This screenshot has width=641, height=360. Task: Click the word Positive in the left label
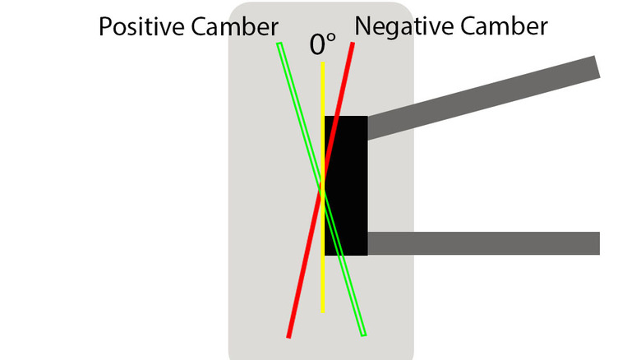(142, 27)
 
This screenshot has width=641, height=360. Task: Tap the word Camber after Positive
(235, 27)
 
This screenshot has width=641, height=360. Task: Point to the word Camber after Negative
(504, 26)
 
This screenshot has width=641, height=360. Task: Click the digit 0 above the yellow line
(317, 44)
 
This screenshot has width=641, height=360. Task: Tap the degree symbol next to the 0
(331, 39)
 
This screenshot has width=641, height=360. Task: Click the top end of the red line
(353, 43)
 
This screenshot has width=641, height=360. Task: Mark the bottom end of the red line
(288, 337)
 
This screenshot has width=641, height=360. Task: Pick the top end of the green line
(279, 44)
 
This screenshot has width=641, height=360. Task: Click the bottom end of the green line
(364, 335)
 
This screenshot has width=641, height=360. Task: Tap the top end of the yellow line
(322, 62)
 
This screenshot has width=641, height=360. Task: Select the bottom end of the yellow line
(322, 312)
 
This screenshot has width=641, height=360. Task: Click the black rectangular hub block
(346, 186)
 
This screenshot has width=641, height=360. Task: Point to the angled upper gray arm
(483, 98)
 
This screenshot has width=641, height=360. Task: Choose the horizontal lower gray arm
(483, 243)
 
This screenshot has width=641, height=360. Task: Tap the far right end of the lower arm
(599, 243)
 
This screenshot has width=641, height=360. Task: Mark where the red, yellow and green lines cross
(322, 191)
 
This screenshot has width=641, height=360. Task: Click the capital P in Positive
(105, 27)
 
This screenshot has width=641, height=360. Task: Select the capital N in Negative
(362, 26)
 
